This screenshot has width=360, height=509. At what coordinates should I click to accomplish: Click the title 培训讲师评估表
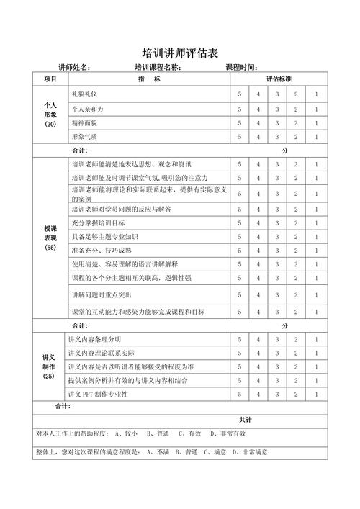180,53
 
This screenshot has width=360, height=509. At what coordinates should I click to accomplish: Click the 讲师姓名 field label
74,67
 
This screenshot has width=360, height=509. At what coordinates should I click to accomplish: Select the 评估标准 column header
278,79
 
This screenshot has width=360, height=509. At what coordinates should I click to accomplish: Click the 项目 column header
50,79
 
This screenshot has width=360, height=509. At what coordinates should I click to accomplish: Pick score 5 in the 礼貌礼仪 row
240,94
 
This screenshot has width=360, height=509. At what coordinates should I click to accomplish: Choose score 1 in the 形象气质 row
315,136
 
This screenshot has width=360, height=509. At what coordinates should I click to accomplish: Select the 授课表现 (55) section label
50,238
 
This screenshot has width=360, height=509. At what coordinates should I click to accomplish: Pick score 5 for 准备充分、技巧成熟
240,251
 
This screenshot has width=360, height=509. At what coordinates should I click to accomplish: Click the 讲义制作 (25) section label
50,366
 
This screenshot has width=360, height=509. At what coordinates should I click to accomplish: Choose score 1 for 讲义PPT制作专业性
315,394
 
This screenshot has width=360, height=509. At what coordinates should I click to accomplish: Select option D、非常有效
228,433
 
